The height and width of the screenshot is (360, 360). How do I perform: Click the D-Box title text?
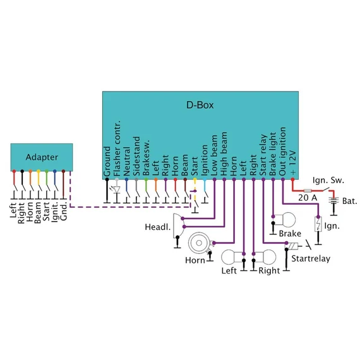click(200, 105)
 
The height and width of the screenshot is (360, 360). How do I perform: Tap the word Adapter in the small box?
click(42, 157)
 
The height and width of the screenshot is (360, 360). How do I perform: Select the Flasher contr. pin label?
click(117, 148)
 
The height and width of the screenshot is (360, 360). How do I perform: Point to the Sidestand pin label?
click(136, 156)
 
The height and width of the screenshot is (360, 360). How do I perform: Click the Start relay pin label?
click(263, 155)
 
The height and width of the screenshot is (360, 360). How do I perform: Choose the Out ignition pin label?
click(282, 152)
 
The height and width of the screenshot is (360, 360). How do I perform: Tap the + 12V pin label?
click(292, 163)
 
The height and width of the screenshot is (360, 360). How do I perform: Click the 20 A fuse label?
click(308, 198)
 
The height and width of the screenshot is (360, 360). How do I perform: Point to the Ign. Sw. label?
click(328, 180)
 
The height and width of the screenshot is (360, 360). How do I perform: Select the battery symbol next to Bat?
click(333, 200)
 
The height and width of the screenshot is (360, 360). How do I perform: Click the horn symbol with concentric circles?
click(200, 243)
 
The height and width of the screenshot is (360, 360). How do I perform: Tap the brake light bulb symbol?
click(285, 220)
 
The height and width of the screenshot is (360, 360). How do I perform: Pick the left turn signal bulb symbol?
click(232, 257)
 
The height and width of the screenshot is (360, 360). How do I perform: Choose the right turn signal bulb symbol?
click(265, 257)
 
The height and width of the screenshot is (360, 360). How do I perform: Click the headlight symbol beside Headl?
click(178, 226)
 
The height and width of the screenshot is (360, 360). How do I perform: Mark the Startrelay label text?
click(311, 259)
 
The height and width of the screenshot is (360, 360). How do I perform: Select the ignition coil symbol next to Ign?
click(318, 224)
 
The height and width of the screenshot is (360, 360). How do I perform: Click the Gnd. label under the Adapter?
click(63, 211)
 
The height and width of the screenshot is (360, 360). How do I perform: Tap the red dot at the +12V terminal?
click(292, 179)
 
